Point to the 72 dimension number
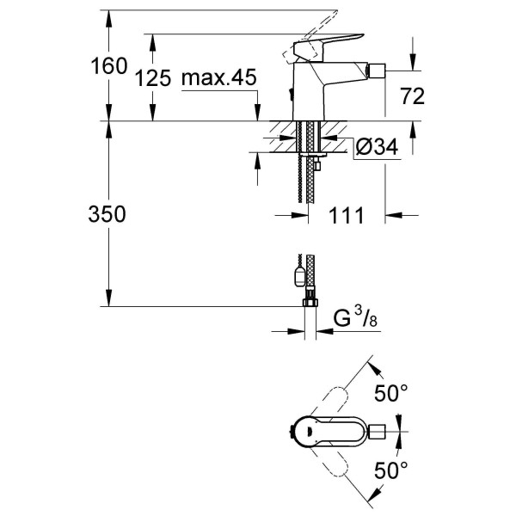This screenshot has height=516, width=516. tap(413, 96)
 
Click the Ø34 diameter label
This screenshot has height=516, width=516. tap(377, 148)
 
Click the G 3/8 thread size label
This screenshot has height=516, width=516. tap(354, 319)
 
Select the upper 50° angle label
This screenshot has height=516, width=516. tap(390, 395)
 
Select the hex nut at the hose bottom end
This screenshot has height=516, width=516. tap(308, 302)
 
